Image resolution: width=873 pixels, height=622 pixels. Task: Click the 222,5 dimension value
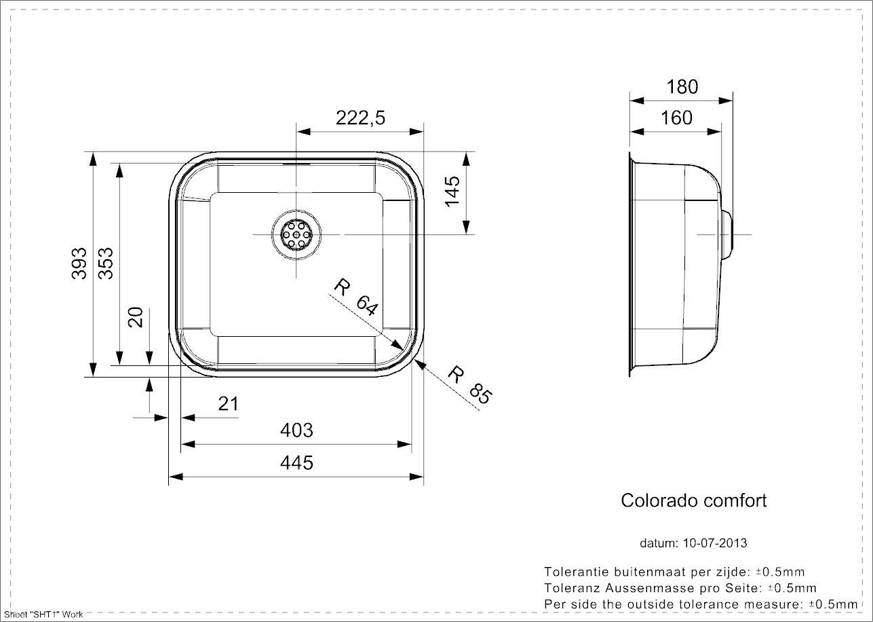(x=360, y=117)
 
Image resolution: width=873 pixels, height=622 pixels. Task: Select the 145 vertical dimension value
(x=452, y=191)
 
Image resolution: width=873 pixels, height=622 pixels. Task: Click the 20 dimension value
(x=136, y=316)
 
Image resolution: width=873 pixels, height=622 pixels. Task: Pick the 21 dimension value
(x=229, y=403)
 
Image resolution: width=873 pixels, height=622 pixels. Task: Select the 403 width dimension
(x=296, y=430)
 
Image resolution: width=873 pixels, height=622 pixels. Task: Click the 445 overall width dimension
(x=296, y=462)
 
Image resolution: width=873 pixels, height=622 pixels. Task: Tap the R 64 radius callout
(x=355, y=298)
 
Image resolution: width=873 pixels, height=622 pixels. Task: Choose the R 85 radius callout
(x=469, y=384)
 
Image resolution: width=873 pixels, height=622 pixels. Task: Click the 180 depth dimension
(x=682, y=86)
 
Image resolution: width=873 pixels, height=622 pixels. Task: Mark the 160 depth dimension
(x=676, y=117)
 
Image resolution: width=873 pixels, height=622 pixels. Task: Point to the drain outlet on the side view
(x=727, y=234)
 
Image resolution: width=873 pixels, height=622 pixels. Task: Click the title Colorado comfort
(x=694, y=500)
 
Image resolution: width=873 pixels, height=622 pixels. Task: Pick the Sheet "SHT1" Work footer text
(x=43, y=615)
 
